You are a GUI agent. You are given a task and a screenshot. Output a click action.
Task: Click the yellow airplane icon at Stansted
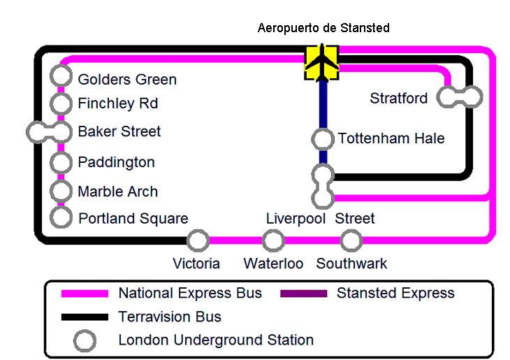(322, 62)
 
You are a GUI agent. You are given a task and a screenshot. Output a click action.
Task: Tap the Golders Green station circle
(61, 76)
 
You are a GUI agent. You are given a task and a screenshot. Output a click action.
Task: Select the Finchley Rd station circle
(61, 103)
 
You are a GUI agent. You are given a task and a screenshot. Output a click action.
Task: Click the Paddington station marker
(61, 163)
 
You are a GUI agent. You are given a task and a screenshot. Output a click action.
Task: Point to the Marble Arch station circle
(61, 191)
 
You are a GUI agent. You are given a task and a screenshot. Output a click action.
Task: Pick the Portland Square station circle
(61, 217)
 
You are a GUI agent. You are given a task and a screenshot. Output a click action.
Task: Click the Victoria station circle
(198, 240)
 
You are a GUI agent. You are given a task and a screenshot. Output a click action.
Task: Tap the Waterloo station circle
(272, 240)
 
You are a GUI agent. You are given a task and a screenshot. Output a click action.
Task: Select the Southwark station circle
(351, 240)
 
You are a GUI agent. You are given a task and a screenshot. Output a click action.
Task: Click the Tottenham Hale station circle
(323, 139)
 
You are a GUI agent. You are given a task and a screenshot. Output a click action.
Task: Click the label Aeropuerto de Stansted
(323, 28)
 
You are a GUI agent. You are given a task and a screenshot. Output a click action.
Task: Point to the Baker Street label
(119, 131)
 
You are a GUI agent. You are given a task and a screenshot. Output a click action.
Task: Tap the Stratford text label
(399, 99)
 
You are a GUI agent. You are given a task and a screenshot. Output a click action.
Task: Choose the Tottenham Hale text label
(391, 139)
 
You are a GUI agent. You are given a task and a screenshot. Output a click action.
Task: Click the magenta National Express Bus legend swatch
(85, 294)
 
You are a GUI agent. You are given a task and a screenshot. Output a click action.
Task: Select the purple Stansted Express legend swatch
(304, 294)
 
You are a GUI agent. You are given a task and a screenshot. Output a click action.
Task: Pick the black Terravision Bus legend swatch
(85, 317)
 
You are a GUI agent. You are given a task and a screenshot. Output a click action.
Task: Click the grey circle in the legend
(85, 340)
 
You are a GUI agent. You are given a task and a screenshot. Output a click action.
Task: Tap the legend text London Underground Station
(216, 340)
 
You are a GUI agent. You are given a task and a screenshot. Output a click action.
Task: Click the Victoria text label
(196, 264)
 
